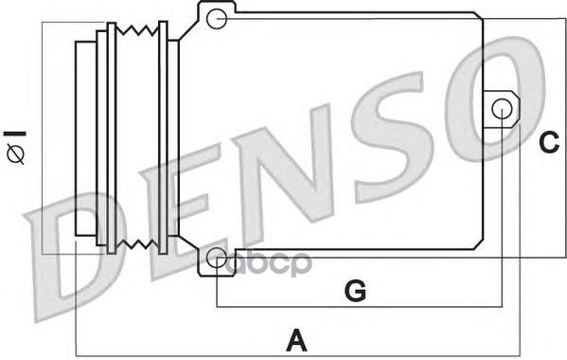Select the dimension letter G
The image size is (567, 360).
(354, 291)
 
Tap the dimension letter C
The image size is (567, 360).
(548, 142)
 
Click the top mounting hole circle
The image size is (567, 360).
(217, 17)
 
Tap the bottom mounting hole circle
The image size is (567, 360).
(217, 257)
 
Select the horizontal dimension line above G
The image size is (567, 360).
(360, 307)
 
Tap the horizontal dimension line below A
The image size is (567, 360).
(297, 355)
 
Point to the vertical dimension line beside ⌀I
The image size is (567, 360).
(44, 137)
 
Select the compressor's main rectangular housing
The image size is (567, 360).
(350, 133)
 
